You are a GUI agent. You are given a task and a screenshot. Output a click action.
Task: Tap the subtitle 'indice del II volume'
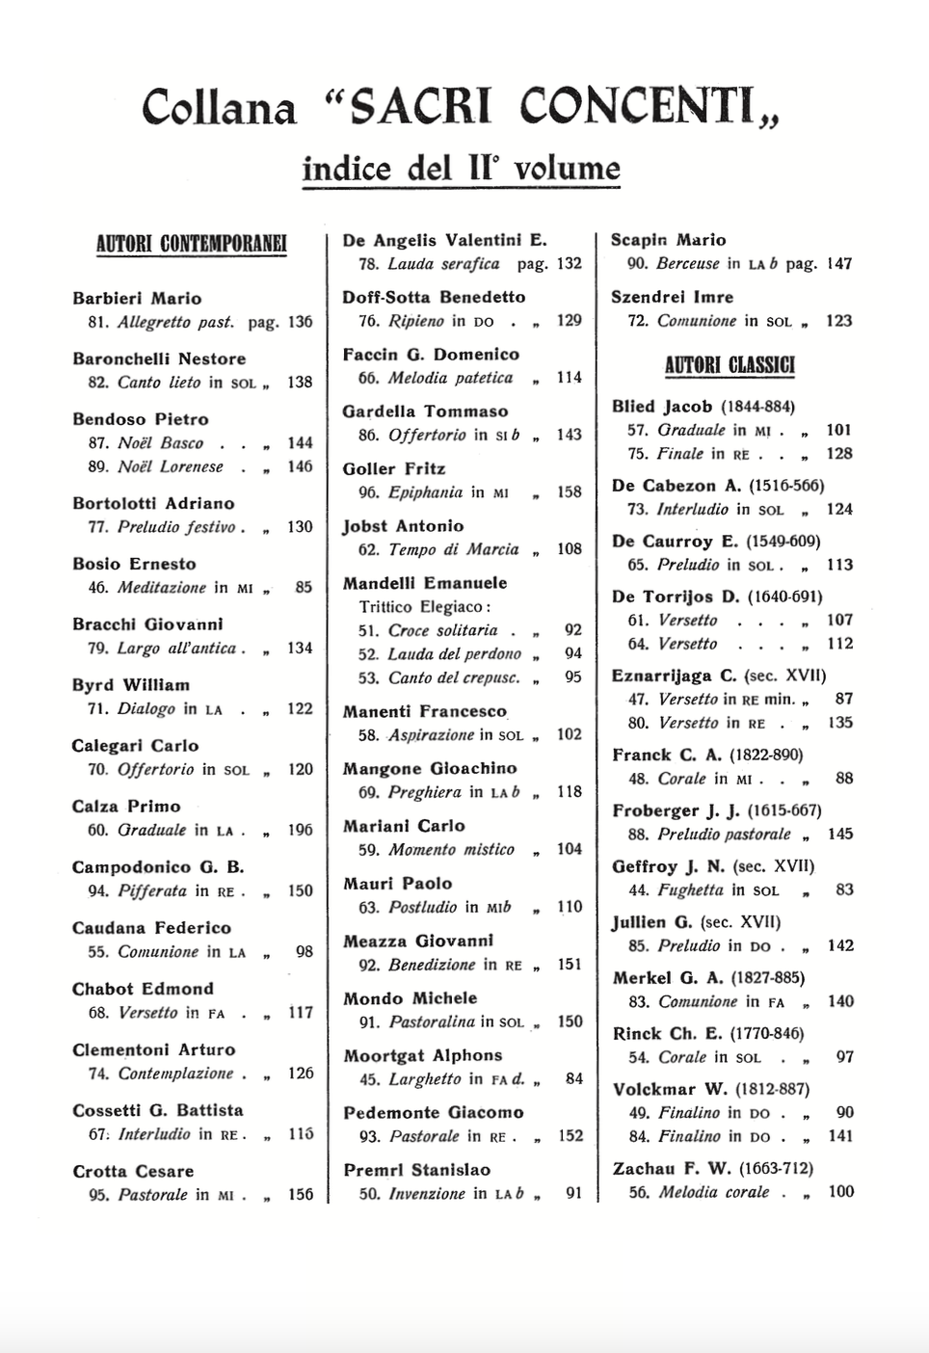pos(461,169)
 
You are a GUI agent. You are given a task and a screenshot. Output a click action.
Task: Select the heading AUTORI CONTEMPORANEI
pos(191,243)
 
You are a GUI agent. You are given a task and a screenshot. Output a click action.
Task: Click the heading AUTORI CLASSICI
pos(730,365)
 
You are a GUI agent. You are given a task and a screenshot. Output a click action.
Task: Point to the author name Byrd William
pos(130,685)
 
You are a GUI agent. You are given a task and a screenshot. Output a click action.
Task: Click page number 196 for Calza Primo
pos(300,830)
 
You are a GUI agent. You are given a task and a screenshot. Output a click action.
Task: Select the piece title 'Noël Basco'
pos(160,443)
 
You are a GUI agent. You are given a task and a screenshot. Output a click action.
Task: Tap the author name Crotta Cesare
pos(133,1172)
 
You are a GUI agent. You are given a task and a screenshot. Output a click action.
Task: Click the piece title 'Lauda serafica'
pos(443,264)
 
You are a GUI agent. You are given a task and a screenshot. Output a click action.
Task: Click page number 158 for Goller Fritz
pos(570,492)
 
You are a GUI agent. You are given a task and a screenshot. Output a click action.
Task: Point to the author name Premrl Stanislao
pos(416,1170)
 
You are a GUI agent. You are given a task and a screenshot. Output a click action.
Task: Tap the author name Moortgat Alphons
pos(422,1055)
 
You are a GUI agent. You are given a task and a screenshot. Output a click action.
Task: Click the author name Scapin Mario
pos(668,240)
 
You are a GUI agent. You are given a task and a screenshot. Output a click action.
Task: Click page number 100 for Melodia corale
pos(840,1192)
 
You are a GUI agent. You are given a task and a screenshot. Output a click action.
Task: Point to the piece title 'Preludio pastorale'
pos(724,835)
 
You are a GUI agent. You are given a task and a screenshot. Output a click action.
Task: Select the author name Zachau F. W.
pos(672,1169)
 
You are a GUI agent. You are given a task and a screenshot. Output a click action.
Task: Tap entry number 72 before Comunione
pos(638,321)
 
